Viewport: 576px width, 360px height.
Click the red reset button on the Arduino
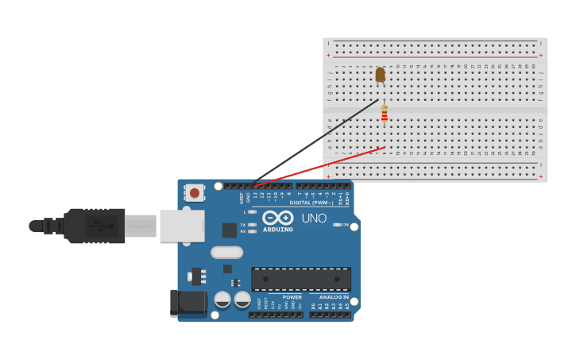[x=194, y=192]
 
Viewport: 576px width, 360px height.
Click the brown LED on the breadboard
[x=380, y=74]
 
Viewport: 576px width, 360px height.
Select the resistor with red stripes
[x=385, y=114]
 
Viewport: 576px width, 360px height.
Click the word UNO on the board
[x=314, y=219]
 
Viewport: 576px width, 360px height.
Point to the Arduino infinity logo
[x=278, y=218]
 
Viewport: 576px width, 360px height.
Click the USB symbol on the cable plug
[x=100, y=226]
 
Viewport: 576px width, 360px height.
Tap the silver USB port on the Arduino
[x=182, y=226]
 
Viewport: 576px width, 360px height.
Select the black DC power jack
[x=188, y=303]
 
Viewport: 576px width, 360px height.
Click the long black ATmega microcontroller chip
[x=300, y=279]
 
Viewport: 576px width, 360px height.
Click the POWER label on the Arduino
[x=292, y=297]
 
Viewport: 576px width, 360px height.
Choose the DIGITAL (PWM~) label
[x=311, y=203]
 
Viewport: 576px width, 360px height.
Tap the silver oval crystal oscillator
[x=226, y=253]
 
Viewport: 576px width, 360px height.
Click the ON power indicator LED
[x=337, y=224]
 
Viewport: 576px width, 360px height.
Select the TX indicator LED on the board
[x=251, y=225]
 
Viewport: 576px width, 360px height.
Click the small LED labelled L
[x=251, y=212]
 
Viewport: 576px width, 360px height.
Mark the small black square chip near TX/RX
[x=229, y=230]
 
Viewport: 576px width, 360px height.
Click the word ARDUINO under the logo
[x=278, y=230]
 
